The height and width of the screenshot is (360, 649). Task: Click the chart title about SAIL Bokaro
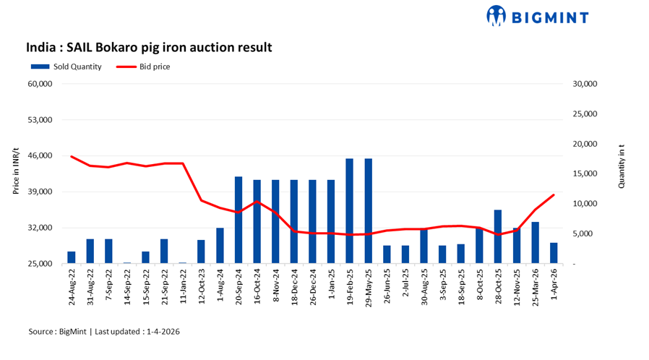click(x=149, y=48)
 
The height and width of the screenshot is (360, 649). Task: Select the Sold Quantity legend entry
click(x=66, y=67)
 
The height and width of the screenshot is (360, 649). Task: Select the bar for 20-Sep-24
click(x=238, y=220)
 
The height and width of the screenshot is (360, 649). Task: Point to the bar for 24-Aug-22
click(x=72, y=257)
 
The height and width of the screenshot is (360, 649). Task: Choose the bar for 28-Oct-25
click(x=498, y=236)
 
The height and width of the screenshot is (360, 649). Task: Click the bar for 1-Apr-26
click(x=554, y=253)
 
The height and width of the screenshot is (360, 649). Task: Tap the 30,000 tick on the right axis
click(x=585, y=84)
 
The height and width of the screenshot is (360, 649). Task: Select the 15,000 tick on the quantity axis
click(x=585, y=173)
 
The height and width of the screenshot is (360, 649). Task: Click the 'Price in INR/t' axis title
click(x=16, y=173)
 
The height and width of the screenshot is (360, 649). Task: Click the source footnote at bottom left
click(x=104, y=331)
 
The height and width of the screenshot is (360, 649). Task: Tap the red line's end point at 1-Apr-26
click(x=554, y=194)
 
